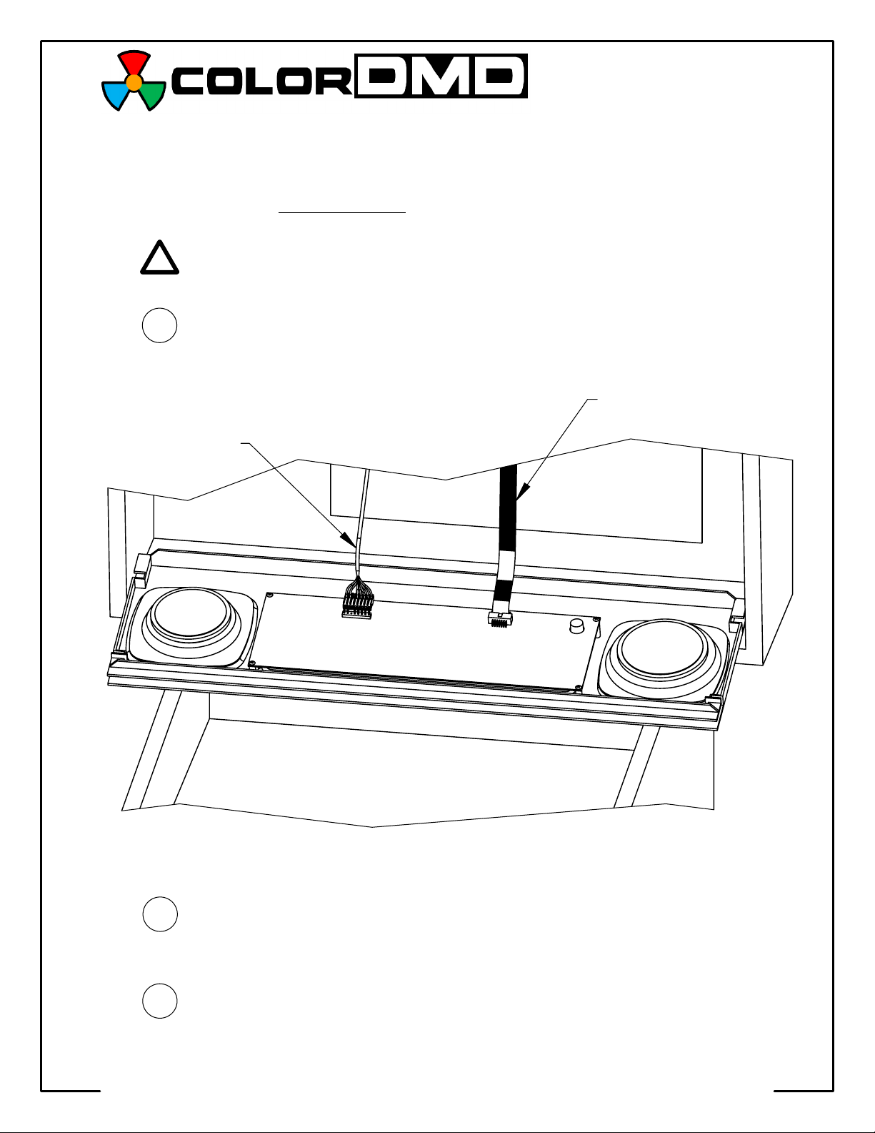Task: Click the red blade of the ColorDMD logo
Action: pyautogui.click(x=134, y=62)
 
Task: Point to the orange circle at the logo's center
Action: pyautogui.click(x=134, y=82)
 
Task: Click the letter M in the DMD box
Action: pyautogui.click(x=441, y=76)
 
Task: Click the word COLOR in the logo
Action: pyautogui.click(x=261, y=81)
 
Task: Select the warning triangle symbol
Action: pyautogui.click(x=159, y=258)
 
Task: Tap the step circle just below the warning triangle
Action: pyautogui.click(x=159, y=325)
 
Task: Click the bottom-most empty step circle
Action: pyautogui.click(x=159, y=1000)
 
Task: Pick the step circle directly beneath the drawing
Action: pyautogui.click(x=159, y=914)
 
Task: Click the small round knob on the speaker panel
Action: pyautogui.click(x=576, y=627)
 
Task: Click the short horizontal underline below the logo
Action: pyautogui.click(x=341, y=212)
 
